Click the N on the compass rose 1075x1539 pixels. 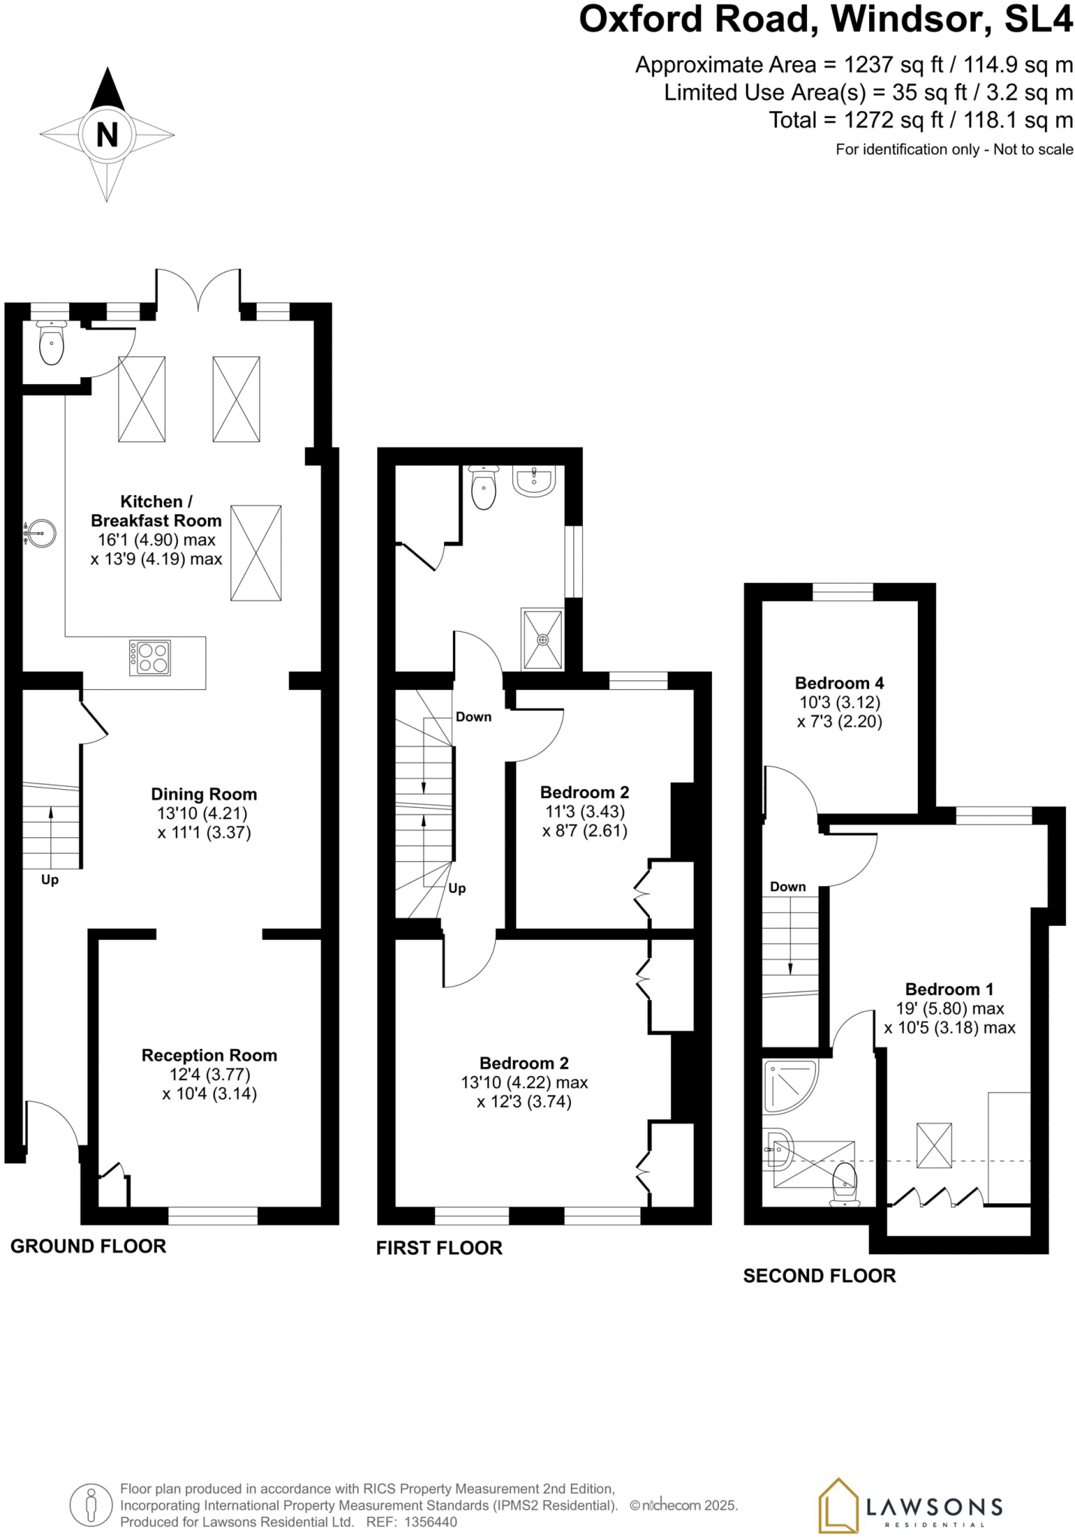(107, 135)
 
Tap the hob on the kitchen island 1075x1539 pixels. (149, 658)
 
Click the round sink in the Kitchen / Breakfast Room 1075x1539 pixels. (41, 534)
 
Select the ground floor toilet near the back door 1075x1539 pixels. (51, 345)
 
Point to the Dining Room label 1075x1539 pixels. (204, 794)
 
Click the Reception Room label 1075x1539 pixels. (209, 1055)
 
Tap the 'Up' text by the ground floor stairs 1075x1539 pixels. (50, 880)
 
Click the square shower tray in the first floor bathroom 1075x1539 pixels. (542, 639)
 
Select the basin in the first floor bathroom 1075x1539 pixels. (534, 481)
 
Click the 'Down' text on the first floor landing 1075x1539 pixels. (473, 717)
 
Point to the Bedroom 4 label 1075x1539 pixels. (839, 683)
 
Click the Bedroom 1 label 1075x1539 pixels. (949, 989)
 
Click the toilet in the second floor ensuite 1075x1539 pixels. (845, 1184)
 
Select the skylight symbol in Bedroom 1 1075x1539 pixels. (934, 1145)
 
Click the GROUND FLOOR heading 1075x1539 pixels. (88, 1246)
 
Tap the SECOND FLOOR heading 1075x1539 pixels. (819, 1275)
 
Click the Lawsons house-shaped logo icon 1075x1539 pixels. (837, 1505)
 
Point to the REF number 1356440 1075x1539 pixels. (430, 1522)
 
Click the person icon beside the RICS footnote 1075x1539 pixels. (92, 1505)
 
